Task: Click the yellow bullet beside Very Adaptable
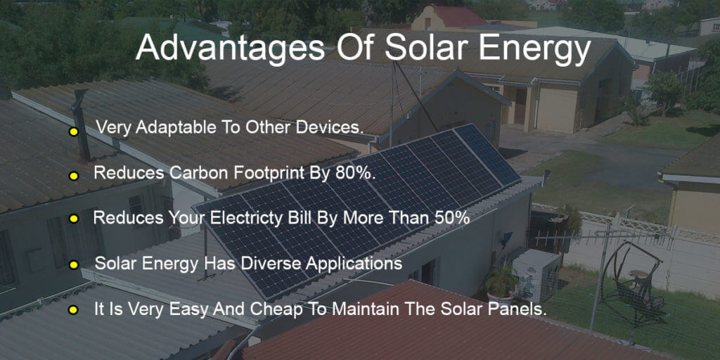[73, 131]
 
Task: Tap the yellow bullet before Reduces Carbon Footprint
[73, 175]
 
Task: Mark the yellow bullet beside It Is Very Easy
[73, 309]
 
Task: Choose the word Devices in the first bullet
[335, 127]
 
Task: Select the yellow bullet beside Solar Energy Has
[73, 265]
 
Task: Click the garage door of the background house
[557, 110]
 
